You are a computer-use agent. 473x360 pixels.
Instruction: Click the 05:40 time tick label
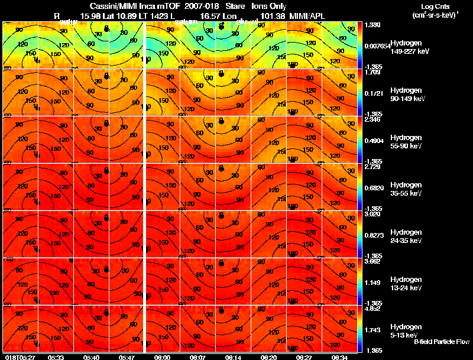tap(91, 357)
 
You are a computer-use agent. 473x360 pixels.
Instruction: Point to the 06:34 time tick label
tap(339, 357)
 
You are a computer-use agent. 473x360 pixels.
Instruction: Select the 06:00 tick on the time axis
tap(162, 357)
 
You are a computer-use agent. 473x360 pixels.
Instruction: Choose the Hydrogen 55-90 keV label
tap(407, 141)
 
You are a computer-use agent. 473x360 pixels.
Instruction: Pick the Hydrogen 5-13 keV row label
tap(406, 330)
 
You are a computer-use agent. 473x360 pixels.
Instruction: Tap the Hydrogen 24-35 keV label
tap(407, 236)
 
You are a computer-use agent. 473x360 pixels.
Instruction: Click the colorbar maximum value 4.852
tap(372, 309)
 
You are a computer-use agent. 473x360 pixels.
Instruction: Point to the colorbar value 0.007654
tap(376, 46)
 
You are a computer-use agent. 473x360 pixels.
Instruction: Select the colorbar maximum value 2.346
tap(372, 119)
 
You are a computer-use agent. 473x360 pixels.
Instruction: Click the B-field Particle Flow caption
tap(441, 342)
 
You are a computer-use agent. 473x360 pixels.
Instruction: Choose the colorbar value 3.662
tap(372, 261)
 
